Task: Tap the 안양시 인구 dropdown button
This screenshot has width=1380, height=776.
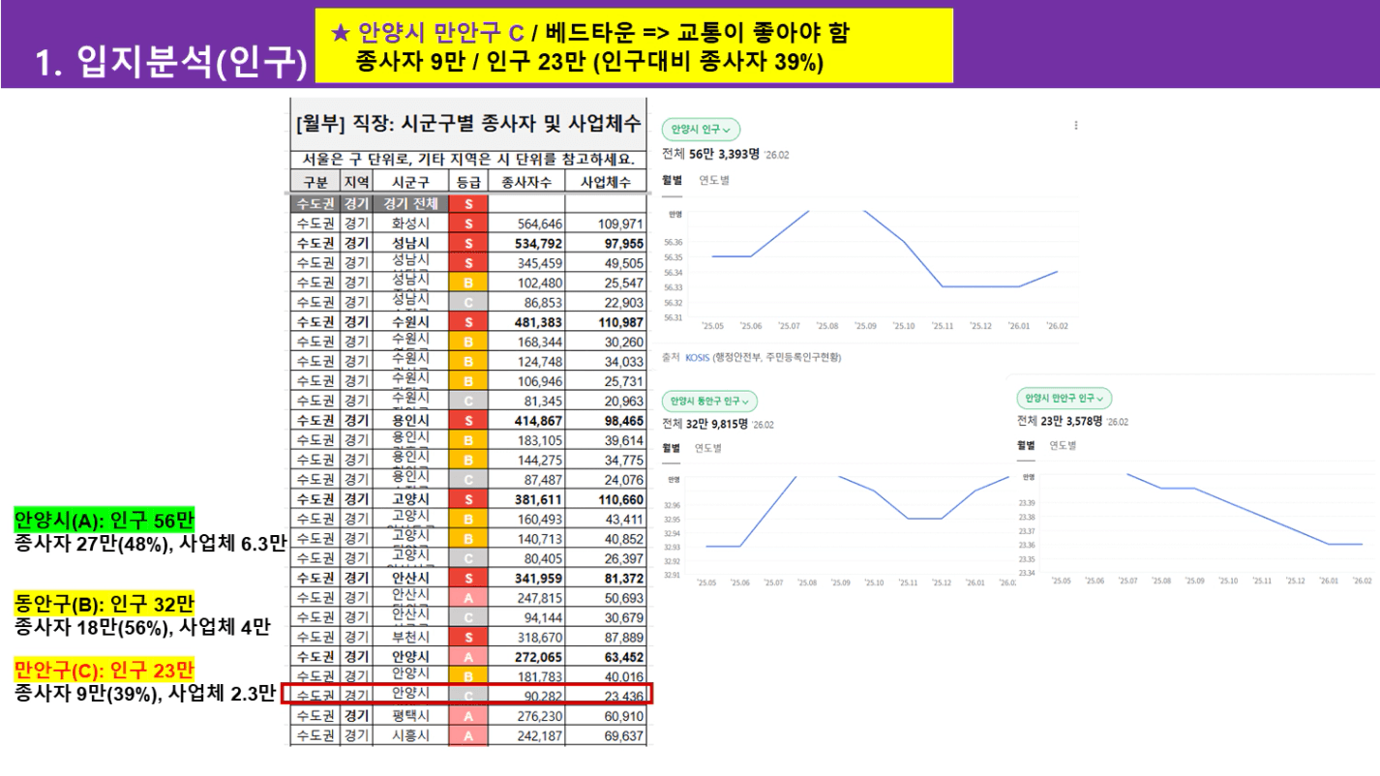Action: pos(701,130)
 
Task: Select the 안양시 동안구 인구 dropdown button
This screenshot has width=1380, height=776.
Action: pos(709,401)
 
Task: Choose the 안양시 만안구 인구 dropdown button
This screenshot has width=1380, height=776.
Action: pos(1065,398)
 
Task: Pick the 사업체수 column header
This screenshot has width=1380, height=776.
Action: pos(606,182)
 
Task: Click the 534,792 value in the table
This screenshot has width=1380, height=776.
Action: pos(528,243)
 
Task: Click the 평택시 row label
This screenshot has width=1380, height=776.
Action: pos(410,716)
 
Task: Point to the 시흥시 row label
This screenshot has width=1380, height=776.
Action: pos(410,736)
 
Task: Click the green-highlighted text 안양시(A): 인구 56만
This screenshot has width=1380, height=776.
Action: pos(105,520)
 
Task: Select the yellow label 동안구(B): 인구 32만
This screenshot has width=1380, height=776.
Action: pos(105,604)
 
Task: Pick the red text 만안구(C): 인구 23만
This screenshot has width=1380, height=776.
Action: pos(105,670)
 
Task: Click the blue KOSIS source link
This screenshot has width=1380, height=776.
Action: pos(697,357)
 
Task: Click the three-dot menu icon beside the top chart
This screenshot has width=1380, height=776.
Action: pos(1076,125)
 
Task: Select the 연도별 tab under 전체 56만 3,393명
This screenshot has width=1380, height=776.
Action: pos(714,180)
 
